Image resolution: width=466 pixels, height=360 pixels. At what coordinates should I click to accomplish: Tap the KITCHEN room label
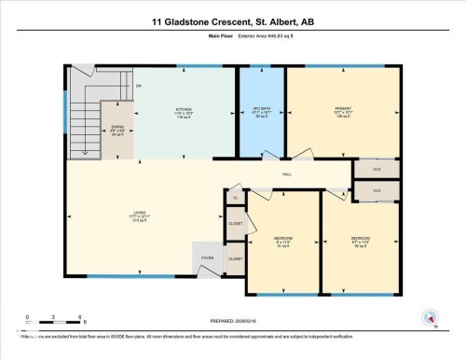tap(184, 112)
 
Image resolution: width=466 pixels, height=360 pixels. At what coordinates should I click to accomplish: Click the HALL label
tap(289, 174)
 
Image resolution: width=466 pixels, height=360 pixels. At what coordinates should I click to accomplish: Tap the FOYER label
tap(206, 256)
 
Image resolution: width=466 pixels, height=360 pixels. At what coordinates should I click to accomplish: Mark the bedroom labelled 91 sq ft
tap(281, 241)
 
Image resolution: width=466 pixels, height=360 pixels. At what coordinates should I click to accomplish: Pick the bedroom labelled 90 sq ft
tap(360, 241)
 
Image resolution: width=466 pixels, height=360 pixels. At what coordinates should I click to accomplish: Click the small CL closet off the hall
tap(236, 198)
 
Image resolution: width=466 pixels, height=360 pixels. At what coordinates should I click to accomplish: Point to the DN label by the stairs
tap(139, 87)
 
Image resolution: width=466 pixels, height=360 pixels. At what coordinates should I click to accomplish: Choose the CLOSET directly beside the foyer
tap(236, 258)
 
